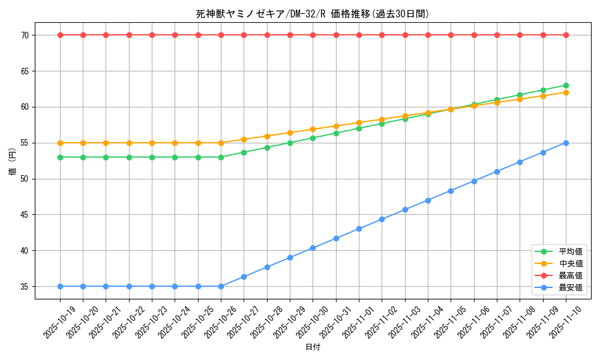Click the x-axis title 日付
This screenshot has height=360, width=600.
[x=313, y=347]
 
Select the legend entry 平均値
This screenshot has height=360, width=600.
[x=571, y=252]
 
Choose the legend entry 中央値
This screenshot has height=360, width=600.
[x=571, y=264]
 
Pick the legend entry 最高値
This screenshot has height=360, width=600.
[x=571, y=276]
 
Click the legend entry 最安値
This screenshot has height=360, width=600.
[x=571, y=288]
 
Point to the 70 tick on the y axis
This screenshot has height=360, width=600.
[x=25, y=35]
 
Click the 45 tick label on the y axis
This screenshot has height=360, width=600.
[x=25, y=215]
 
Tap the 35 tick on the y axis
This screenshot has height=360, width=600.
[x=25, y=287]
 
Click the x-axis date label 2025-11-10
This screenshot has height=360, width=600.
[x=566, y=322]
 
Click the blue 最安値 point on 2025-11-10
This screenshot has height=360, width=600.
[x=566, y=143]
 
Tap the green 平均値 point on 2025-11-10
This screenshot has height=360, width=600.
[x=566, y=85]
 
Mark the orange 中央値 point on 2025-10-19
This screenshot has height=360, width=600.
[x=60, y=143]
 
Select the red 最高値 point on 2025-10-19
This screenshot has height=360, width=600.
[x=60, y=35]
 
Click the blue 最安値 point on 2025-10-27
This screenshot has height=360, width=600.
[x=244, y=277]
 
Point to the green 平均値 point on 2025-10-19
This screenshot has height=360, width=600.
[x=60, y=157]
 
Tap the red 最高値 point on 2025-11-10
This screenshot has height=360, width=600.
[x=566, y=35]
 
